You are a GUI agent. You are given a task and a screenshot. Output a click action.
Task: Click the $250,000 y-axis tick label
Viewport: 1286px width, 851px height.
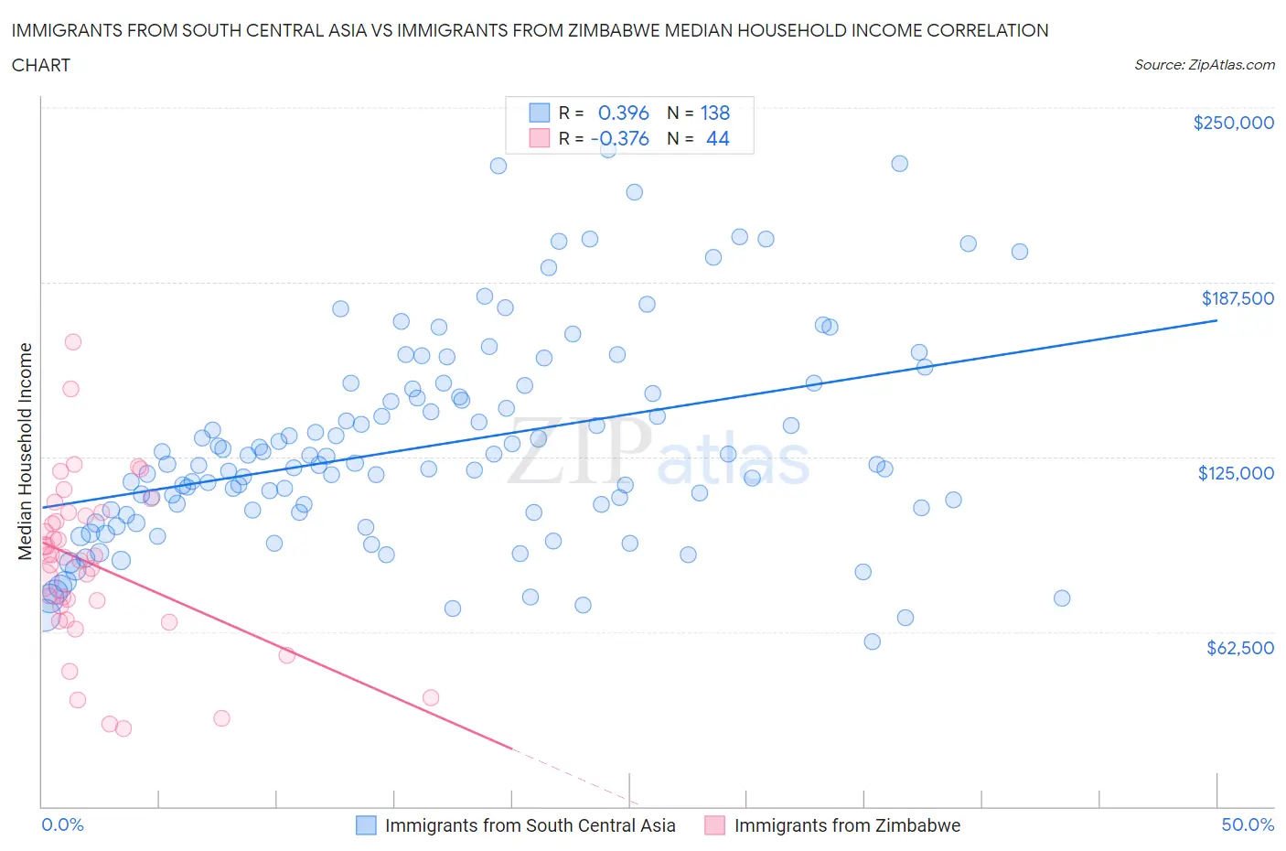[1233, 124]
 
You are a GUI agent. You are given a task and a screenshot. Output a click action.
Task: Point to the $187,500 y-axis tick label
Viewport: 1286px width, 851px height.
[1237, 298]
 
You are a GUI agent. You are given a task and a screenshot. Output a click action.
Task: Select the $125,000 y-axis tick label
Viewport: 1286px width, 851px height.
[1236, 473]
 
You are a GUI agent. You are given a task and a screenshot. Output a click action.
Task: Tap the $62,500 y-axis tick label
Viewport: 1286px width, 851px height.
[1239, 648]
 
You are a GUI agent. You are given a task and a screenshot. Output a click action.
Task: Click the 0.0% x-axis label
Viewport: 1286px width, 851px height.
[62, 824]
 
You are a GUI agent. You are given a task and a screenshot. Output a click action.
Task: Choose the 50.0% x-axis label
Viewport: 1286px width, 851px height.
[1248, 824]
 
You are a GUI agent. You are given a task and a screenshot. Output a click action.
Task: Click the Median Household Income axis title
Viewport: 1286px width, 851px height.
[26, 451]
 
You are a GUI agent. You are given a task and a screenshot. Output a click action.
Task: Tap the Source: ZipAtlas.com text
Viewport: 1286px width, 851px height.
[1204, 65]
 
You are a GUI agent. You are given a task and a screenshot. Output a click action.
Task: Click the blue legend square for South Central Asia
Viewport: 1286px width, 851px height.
[366, 825]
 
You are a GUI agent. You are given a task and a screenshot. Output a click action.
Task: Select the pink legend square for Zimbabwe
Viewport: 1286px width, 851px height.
[714, 825]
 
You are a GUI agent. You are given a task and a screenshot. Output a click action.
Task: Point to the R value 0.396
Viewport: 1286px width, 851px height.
[623, 113]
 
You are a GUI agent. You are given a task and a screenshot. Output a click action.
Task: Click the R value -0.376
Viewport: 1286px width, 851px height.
[620, 138]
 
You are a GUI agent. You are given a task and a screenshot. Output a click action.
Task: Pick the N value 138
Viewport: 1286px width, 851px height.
[715, 113]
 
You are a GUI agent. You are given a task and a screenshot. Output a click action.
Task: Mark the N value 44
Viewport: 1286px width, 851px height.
[718, 138]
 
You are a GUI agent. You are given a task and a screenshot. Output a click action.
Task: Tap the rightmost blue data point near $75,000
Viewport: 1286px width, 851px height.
[1062, 598]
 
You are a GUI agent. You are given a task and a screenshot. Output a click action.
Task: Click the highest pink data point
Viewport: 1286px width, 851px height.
[73, 341]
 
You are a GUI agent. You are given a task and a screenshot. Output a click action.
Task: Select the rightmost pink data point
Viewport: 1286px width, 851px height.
[431, 697]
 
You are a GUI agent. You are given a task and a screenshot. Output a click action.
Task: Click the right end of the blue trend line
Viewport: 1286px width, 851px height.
[1216, 320]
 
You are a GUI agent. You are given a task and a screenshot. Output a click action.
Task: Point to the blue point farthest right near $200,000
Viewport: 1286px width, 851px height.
[1020, 252]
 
